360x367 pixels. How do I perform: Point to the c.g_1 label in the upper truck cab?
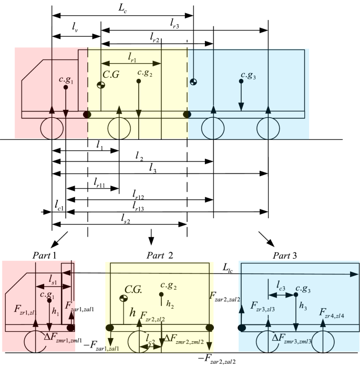click(69, 81)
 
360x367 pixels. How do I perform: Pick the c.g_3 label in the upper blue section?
click(246, 76)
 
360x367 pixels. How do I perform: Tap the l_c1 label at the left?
click(58, 206)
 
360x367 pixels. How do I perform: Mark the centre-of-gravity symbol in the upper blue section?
click(194, 80)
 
